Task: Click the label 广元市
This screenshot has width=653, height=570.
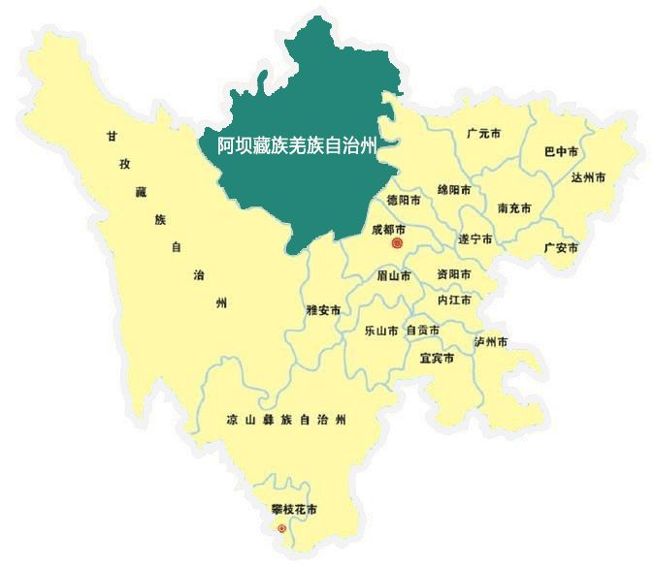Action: pos(482,133)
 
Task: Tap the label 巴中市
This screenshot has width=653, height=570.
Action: pos(561,152)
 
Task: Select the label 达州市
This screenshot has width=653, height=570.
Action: pos(588,178)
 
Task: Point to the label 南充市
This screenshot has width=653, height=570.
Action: pos(514,208)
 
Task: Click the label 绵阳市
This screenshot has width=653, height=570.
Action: pos(454,189)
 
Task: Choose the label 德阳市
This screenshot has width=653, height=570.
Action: pos(404,201)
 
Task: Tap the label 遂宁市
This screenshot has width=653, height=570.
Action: pos(475,238)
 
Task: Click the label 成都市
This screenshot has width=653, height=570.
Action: pos(389,230)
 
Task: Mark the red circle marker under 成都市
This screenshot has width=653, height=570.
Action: pos(396,245)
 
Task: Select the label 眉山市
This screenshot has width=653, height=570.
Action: pos(394,276)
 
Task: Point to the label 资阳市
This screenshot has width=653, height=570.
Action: pos(453,274)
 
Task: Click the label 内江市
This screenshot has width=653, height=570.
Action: pos(454,301)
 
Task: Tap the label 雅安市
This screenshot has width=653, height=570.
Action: pos(323,310)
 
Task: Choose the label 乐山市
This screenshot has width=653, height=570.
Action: pos(380,331)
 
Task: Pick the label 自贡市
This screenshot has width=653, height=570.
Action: pos(422,331)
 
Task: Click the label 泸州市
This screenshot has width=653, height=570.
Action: pos(491,342)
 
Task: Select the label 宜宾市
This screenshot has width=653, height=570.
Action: pos(437,358)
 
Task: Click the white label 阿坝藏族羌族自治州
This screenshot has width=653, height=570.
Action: pos(296,146)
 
